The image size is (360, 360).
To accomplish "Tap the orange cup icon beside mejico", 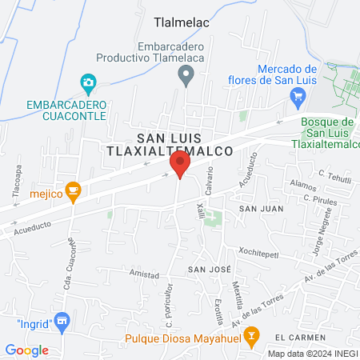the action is (74, 190).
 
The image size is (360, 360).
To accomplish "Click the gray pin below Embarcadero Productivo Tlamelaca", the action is (186, 77).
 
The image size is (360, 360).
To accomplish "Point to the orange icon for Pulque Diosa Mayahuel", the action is (251, 337).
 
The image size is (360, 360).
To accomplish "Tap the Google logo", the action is (26, 350).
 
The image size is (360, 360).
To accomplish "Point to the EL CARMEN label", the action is (310, 337).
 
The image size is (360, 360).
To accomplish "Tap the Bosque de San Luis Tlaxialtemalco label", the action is (330, 133).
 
